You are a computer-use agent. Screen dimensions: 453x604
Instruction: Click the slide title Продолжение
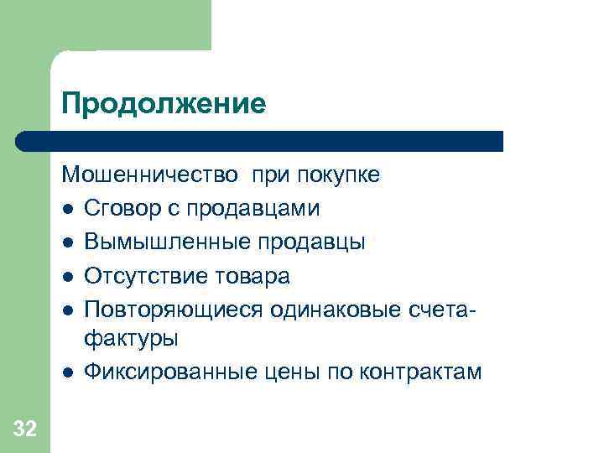163,104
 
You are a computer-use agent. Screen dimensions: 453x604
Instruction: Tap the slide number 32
25,430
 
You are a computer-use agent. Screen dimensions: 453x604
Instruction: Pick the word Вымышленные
158,242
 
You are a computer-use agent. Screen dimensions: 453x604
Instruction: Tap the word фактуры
130,339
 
